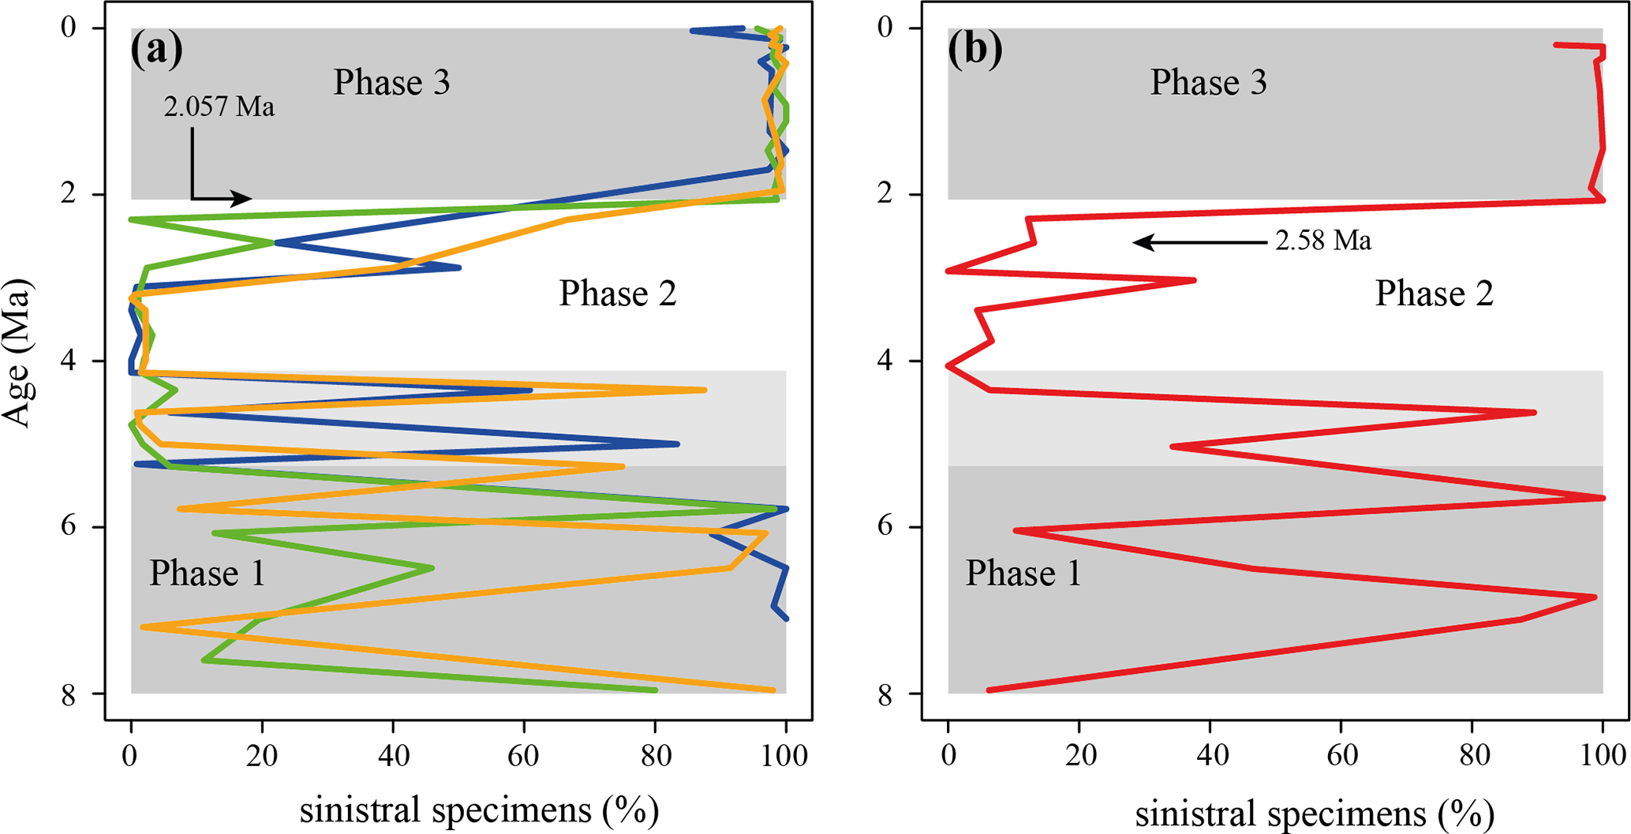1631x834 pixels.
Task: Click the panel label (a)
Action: [x=157, y=49]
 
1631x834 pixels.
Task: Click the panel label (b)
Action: [x=975, y=49]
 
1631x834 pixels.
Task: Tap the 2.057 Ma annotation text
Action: [x=219, y=107]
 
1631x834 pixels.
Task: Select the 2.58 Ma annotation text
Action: [x=1323, y=241]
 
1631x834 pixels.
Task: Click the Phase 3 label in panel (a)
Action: [x=391, y=82]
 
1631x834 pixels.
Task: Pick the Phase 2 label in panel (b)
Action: [x=1434, y=294]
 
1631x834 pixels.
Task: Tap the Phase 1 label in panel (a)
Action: [x=207, y=573]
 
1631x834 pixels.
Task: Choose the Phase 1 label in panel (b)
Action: [x=1023, y=573]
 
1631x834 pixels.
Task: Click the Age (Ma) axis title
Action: [x=17, y=353]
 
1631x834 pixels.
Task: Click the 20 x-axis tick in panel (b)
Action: [x=1079, y=755]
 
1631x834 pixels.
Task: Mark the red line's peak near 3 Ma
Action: [x=1195, y=279]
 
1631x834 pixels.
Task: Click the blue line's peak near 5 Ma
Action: [x=678, y=444]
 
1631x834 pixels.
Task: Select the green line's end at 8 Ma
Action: [x=656, y=690]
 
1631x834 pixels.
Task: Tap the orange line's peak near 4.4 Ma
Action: [x=705, y=390]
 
